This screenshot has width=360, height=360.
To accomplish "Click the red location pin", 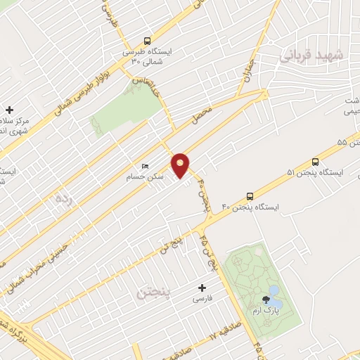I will (181, 165).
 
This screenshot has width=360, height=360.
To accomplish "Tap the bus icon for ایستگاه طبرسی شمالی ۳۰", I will (146, 41).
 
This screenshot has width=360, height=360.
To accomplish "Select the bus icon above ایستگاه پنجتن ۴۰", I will (250, 196).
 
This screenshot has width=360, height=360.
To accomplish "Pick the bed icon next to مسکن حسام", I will (145, 166).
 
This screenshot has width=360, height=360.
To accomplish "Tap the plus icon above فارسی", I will (202, 288).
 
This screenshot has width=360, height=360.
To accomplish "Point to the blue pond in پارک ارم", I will (274, 290).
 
